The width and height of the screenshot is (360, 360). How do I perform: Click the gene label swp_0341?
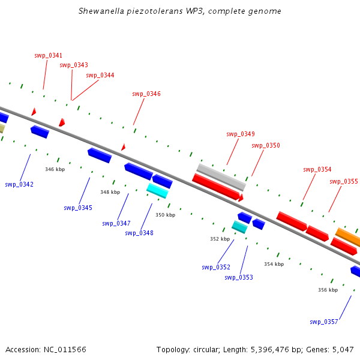pyautogui.click(x=48, y=55)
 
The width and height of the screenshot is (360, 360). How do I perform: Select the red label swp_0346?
pyautogui.click(x=146, y=94)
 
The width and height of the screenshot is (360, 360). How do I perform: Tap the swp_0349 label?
pyautogui.click(x=240, y=134)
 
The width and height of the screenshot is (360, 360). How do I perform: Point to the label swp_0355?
pyautogui.click(x=343, y=181)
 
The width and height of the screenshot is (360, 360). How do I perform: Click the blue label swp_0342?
pyautogui.click(x=19, y=184)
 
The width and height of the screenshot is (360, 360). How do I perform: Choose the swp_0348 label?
pyautogui.click(x=139, y=233)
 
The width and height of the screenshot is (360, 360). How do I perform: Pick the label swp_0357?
pyautogui.click(x=324, y=322)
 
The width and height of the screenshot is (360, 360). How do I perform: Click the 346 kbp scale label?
pyautogui.click(x=55, y=169)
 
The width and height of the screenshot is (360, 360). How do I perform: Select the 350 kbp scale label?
pyautogui.click(x=165, y=214)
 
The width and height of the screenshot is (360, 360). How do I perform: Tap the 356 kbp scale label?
pyautogui.click(x=328, y=290)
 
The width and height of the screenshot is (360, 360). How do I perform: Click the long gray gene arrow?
pyautogui.click(x=220, y=176)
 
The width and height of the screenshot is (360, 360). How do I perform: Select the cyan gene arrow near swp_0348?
pyautogui.click(x=157, y=191)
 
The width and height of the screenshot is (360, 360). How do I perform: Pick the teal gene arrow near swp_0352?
pyautogui.click(x=239, y=227)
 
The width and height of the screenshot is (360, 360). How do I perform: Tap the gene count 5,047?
pyautogui.click(x=342, y=349)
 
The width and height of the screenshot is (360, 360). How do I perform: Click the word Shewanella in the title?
pyautogui.click(x=101, y=11)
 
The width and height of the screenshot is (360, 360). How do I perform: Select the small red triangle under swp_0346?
pyautogui.click(x=123, y=147)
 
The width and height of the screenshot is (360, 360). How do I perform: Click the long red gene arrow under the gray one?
pyautogui.click(x=216, y=187)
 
